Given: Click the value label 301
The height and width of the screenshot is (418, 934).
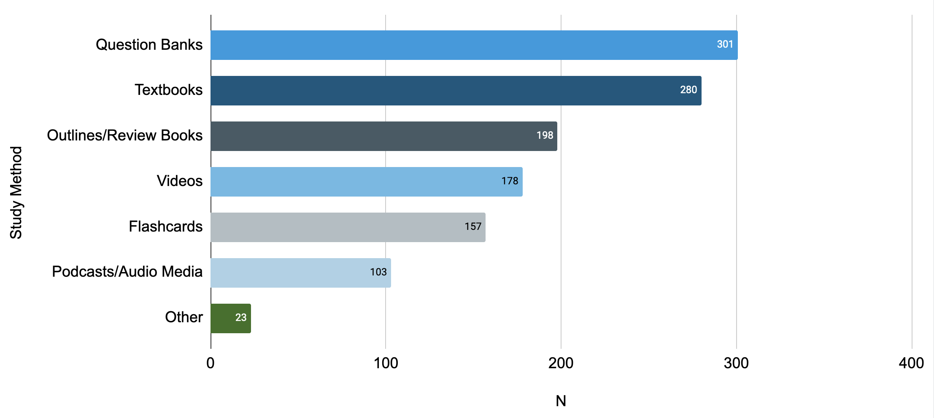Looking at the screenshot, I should pyautogui.click(x=725, y=44).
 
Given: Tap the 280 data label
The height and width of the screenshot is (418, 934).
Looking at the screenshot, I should pyautogui.click(x=688, y=90).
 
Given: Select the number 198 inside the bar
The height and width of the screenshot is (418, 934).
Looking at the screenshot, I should pyautogui.click(x=545, y=135).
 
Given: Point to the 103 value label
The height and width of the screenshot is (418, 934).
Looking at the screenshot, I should pyautogui.click(x=378, y=272).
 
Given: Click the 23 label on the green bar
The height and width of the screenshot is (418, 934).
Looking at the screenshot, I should pyautogui.click(x=240, y=318).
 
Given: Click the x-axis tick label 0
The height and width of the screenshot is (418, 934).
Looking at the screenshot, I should pyautogui.click(x=211, y=363).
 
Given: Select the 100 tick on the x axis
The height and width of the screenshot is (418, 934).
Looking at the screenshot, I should pyautogui.click(x=386, y=363).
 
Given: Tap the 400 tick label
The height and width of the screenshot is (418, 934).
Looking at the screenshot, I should pyautogui.click(x=911, y=363).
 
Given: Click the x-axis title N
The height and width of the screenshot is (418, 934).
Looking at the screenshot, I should pyautogui.click(x=561, y=401).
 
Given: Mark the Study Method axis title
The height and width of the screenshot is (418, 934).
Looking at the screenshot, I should pyautogui.click(x=16, y=193).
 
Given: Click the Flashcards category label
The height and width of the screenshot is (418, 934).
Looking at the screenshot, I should pyautogui.click(x=165, y=227).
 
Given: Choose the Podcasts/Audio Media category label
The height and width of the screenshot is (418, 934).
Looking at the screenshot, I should pyautogui.click(x=127, y=272).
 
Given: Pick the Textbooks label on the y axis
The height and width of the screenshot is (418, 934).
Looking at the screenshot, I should pyautogui.click(x=168, y=90).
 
